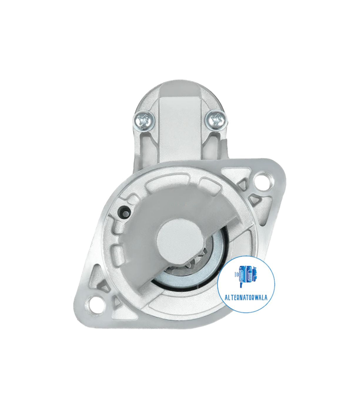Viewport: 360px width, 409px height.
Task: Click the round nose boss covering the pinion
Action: (x=180, y=237)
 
